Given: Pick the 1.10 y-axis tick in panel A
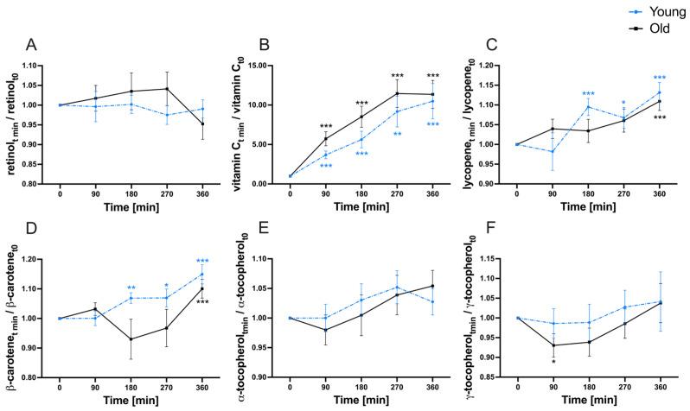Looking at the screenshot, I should point(49,66).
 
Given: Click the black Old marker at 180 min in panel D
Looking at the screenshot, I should point(155,338).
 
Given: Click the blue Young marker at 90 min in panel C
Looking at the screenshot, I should point(552,151).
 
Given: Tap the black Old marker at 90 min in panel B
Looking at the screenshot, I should point(325,138).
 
